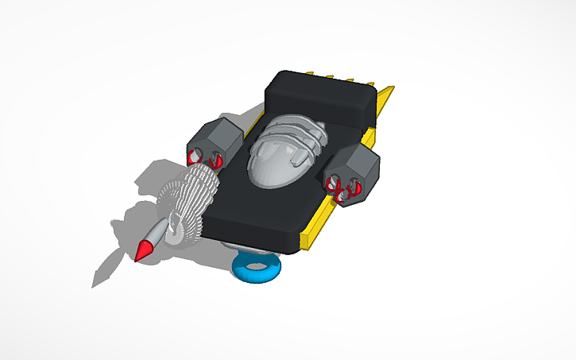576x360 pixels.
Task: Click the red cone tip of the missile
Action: coord(144,251)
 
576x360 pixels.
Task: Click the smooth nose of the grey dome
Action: coord(270,168)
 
